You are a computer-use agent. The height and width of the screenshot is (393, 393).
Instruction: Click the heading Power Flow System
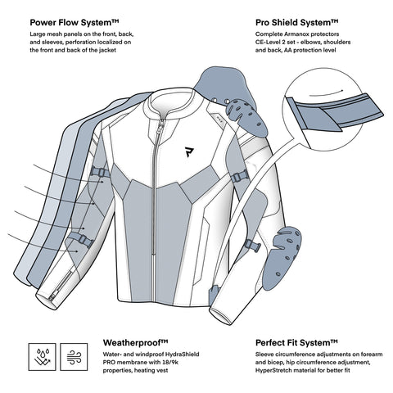pyautogui.click(x=75, y=23)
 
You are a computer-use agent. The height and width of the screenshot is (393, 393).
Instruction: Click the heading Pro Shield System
pyautogui.click(x=297, y=23)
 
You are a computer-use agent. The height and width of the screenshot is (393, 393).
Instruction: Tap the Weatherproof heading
pyautogui.click(x=136, y=342)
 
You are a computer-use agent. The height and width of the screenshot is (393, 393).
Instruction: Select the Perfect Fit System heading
pyautogui.click(x=296, y=343)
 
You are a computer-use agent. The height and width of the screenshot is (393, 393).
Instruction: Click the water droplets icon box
pyautogui.click(x=42, y=357)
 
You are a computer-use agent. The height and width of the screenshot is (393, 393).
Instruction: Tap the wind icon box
pyautogui.click(x=74, y=357)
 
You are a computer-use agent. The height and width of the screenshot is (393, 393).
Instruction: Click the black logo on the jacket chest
pyautogui.click(x=189, y=151)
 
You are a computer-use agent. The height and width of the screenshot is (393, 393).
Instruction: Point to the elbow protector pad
pyautogui.click(x=282, y=257)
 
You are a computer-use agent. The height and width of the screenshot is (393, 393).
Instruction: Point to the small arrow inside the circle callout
pyautogui.click(x=326, y=93)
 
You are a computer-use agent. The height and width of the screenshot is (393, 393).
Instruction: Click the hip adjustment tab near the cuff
pyautogui.click(x=214, y=295)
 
